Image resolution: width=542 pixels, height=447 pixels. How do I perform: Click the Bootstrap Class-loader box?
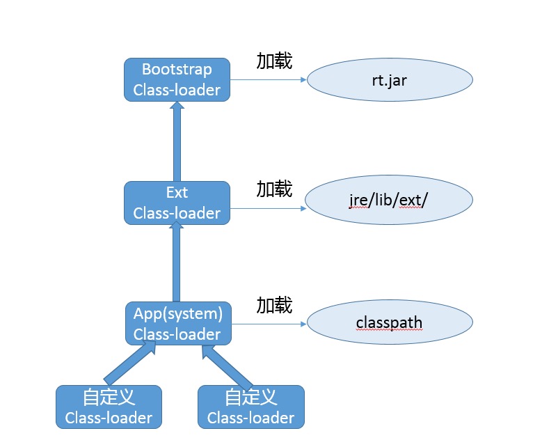tap(177, 79)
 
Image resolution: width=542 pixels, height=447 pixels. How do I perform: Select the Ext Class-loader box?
tap(177, 203)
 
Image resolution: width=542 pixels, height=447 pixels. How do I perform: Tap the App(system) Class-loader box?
tap(178, 324)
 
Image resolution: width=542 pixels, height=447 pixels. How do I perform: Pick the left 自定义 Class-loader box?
tap(109, 407)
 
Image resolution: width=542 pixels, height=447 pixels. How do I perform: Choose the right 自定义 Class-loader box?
tap(251, 407)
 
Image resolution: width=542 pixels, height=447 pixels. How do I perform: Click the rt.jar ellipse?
tap(390, 79)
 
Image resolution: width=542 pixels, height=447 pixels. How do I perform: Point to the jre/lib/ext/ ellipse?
tap(389, 200)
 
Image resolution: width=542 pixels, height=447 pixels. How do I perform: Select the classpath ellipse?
tap(390, 322)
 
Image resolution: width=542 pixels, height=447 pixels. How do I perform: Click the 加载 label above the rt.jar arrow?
tap(274, 61)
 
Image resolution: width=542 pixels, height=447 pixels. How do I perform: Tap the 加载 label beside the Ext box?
tap(274, 189)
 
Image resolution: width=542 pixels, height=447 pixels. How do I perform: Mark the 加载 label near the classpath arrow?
tap(274, 305)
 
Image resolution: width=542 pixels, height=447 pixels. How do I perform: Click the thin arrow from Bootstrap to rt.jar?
tap(269, 80)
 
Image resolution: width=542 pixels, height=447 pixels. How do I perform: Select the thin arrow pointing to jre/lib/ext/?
tap(269, 209)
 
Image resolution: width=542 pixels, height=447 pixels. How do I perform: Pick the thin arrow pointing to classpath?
tap(269, 324)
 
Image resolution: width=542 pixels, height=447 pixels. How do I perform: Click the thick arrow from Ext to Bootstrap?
tap(177, 141)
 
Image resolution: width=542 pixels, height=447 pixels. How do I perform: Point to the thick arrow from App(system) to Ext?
tap(177, 262)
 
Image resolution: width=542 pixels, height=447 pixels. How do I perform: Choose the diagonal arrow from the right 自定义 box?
tap(227, 368)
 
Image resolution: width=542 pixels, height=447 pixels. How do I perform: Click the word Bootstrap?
tap(177, 69)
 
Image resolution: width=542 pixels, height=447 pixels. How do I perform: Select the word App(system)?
tap(178, 314)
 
